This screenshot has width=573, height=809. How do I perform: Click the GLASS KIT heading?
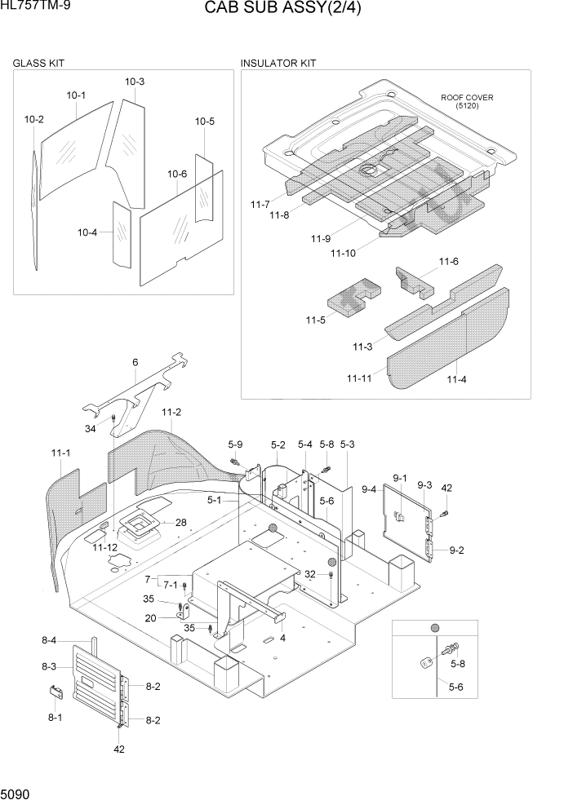coord(38,63)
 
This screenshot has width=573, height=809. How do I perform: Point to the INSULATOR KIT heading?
coord(278,63)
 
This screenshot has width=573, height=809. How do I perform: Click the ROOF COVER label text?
coord(467,97)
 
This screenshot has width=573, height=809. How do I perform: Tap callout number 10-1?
coord(76,95)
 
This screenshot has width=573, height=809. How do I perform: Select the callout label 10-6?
coord(177,174)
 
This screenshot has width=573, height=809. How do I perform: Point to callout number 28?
coord(180,523)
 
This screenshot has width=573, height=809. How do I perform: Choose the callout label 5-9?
coord(235,444)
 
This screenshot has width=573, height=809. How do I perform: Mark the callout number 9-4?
coord(369,489)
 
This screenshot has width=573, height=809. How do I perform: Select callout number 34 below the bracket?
coord(90,429)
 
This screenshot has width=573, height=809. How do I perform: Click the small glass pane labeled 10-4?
coord(122,234)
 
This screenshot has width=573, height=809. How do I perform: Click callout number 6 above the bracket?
coord(135,362)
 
